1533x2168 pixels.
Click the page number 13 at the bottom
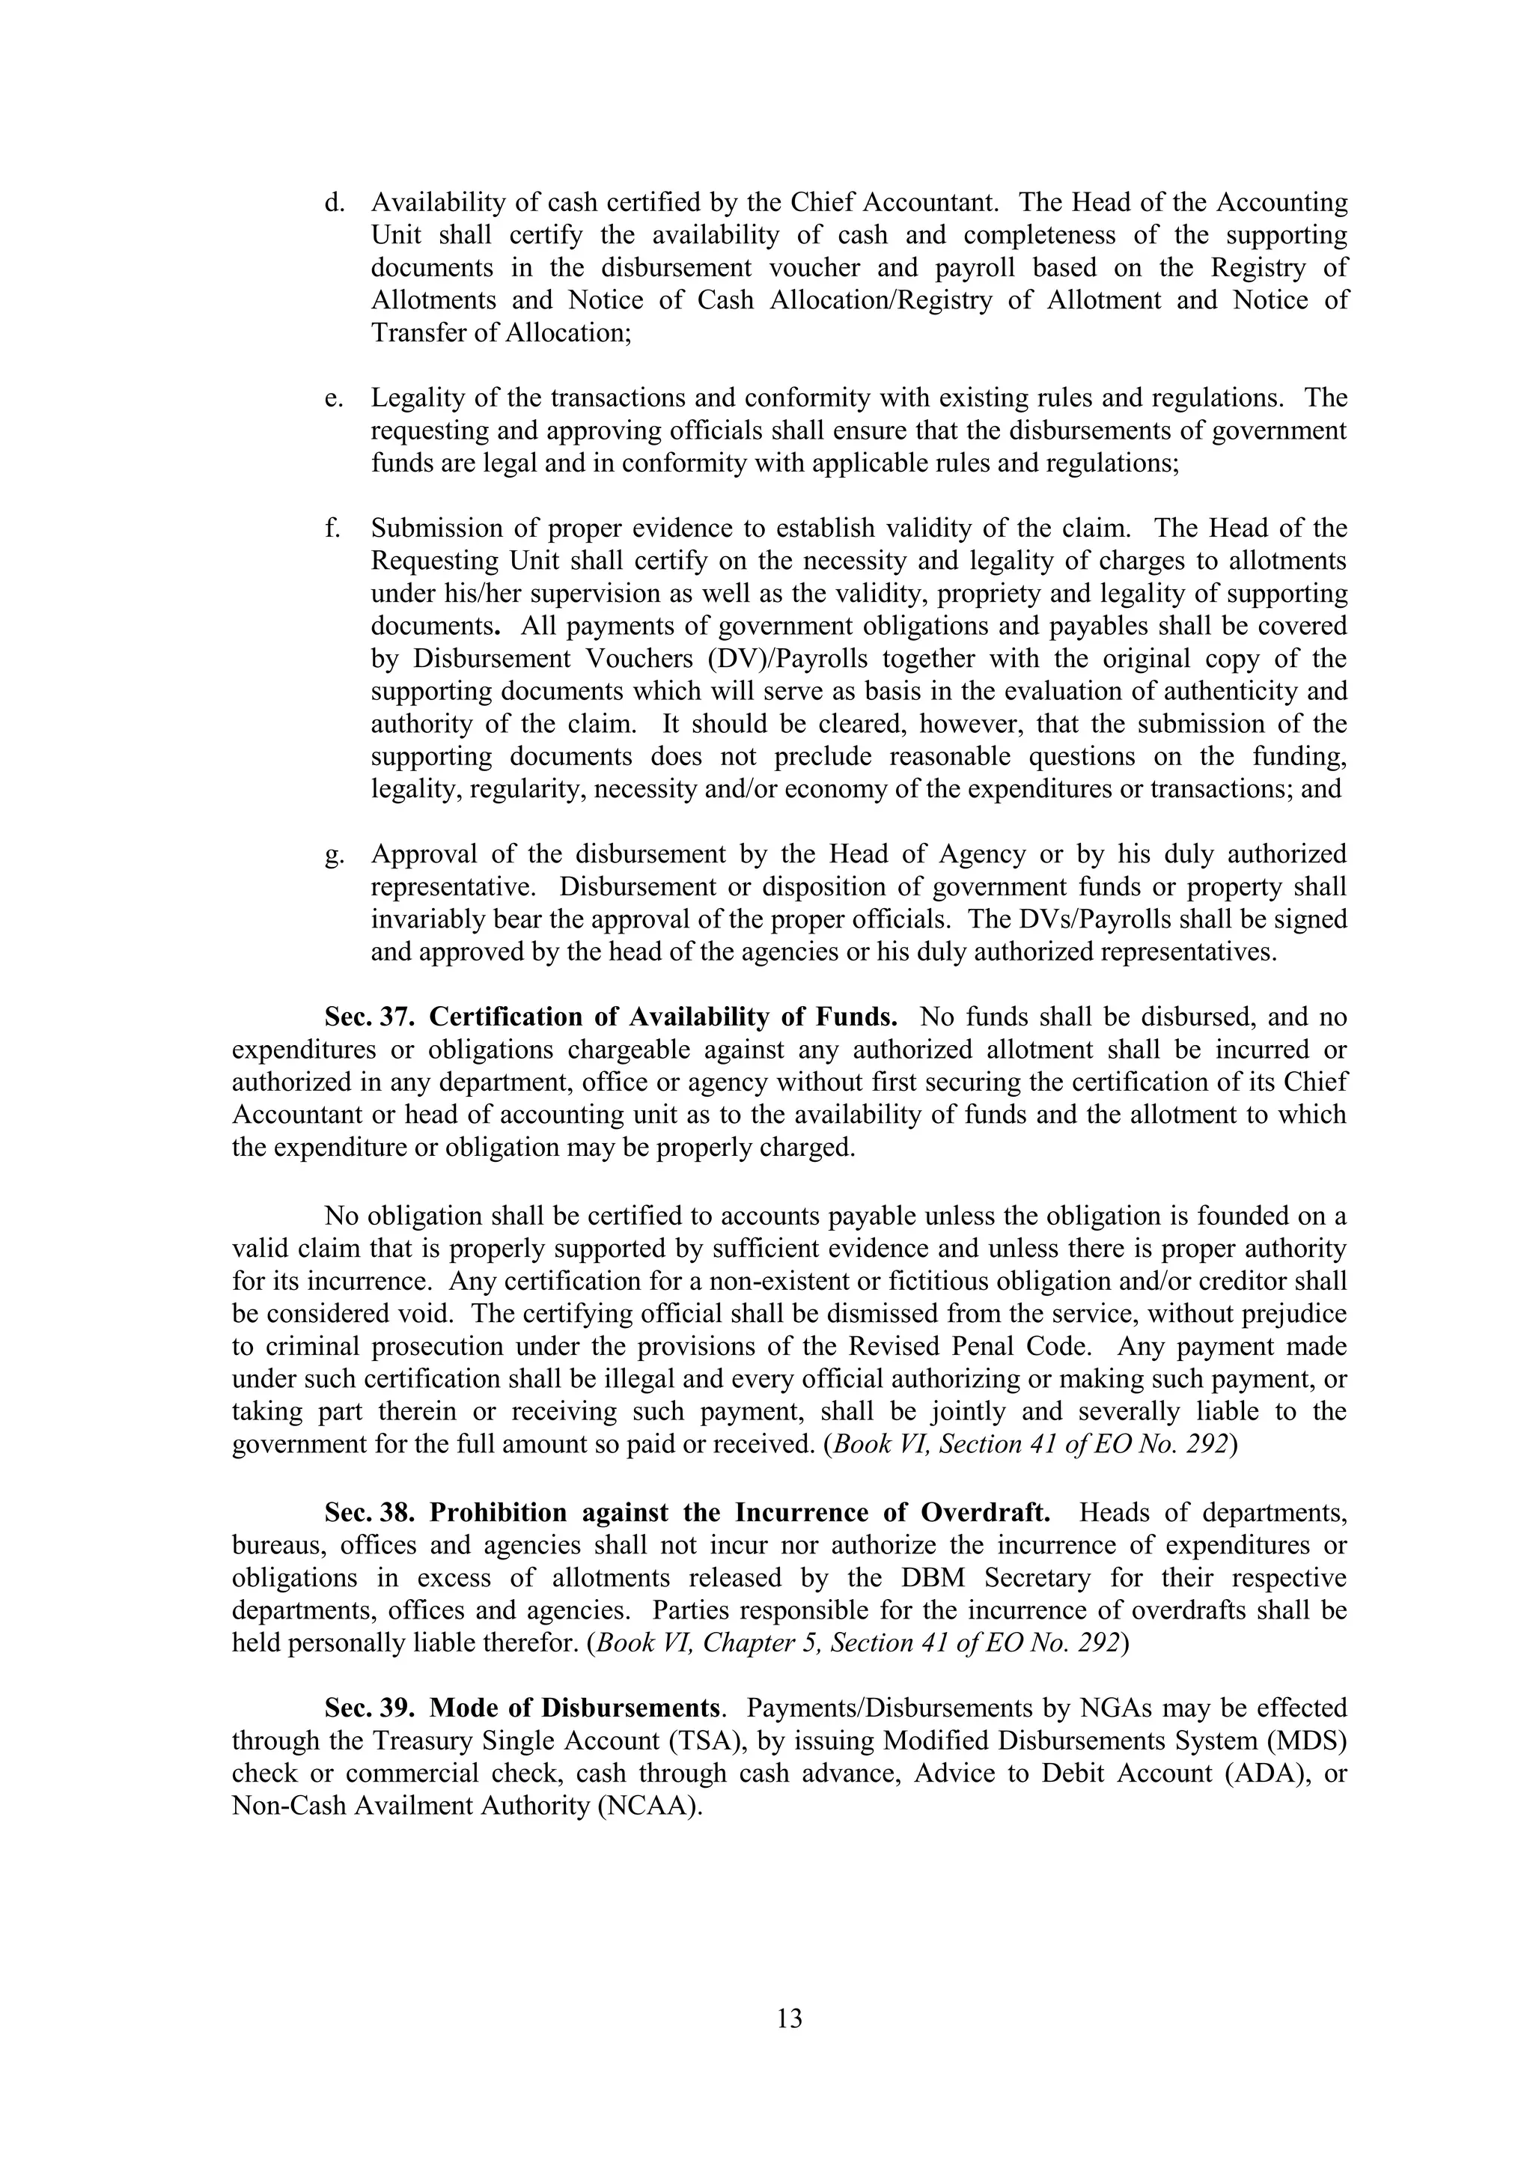[789, 2018]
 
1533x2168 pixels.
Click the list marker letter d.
[332, 203]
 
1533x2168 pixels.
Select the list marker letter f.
[332, 529]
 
